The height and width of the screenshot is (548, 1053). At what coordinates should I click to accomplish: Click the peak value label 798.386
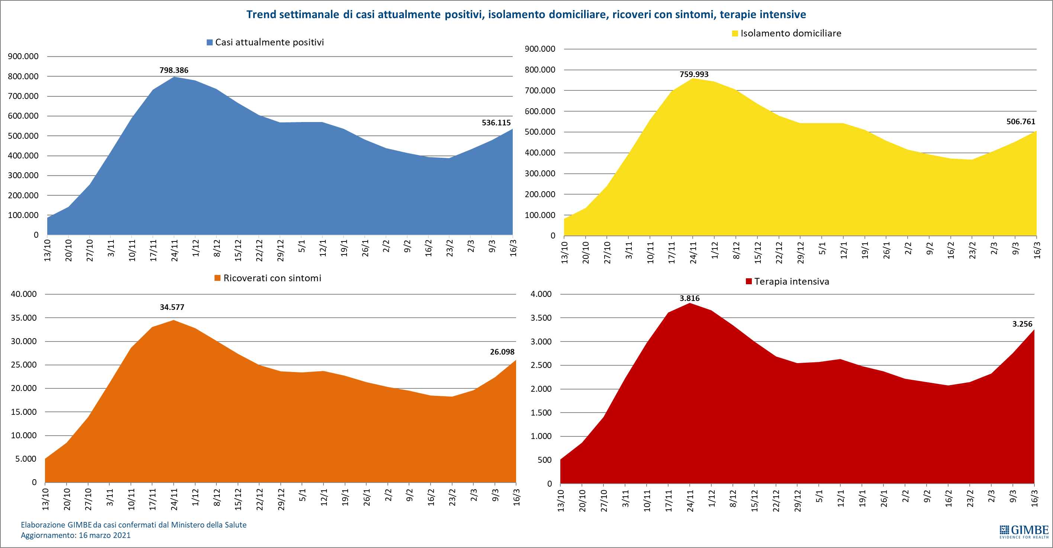coord(174,70)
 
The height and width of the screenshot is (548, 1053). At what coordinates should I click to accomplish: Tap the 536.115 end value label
coord(496,123)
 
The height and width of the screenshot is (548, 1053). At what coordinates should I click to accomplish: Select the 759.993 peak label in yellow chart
coord(694,74)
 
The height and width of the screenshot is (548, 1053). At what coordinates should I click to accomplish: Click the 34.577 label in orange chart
coord(172,307)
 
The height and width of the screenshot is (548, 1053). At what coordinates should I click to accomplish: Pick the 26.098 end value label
coord(502,352)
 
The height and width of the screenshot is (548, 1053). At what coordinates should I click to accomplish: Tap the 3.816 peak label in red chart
coord(689,298)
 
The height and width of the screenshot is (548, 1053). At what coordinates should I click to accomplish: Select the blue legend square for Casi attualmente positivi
coord(210,42)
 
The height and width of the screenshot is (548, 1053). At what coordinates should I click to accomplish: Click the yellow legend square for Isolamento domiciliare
coord(735,33)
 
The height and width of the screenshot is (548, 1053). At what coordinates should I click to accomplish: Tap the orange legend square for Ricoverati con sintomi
coord(218,278)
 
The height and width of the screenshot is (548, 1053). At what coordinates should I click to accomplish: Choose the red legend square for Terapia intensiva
coord(749,281)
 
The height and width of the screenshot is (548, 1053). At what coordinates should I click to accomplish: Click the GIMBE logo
coord(1024,532)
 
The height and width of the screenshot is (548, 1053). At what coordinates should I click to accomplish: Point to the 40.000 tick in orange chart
coord(24,294)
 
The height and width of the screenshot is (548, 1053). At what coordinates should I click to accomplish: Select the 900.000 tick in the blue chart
coord(23,57)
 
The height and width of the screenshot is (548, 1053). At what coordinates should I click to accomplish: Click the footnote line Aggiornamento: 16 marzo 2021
coord(75,535)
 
